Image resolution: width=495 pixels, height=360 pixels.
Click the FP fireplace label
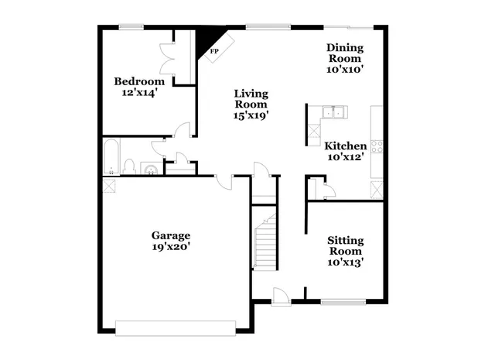coord(214,51)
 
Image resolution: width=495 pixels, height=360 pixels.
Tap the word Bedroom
coord(139,81)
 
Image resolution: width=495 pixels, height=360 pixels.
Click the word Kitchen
coord(345,146)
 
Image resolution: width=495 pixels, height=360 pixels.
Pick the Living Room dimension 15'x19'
coord(251,115)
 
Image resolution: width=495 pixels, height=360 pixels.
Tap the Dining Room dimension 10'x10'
coord(345,69)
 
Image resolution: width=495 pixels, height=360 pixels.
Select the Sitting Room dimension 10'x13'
coord(345,262)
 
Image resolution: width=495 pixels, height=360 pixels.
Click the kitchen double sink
coord(334,114)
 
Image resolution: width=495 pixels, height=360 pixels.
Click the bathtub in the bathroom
coord(111,156)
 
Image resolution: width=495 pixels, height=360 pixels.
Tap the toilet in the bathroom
coord(130,166)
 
